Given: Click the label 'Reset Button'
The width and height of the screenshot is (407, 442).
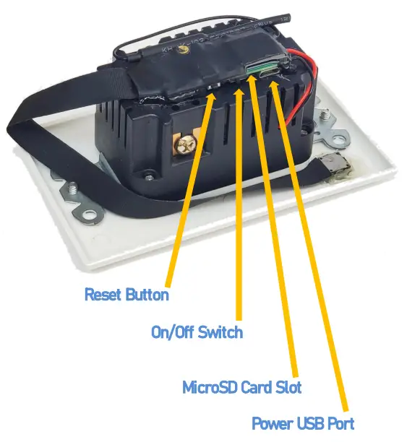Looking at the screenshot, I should (x=127, y=295).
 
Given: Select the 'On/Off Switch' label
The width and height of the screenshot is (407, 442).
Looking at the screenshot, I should (x=197, y=333).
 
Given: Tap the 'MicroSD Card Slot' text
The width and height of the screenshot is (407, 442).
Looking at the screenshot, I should (x=241, y=388).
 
